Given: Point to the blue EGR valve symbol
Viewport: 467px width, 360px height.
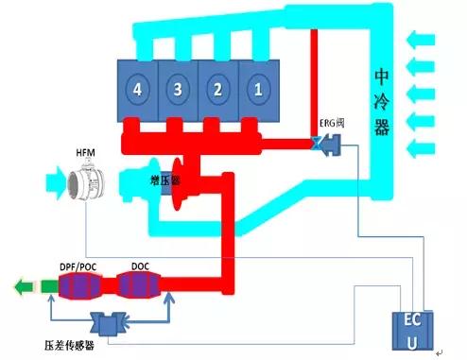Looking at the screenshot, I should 326,145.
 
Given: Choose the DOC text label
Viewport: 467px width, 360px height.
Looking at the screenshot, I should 141,266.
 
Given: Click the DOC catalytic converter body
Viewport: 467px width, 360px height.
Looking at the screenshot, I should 142,284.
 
